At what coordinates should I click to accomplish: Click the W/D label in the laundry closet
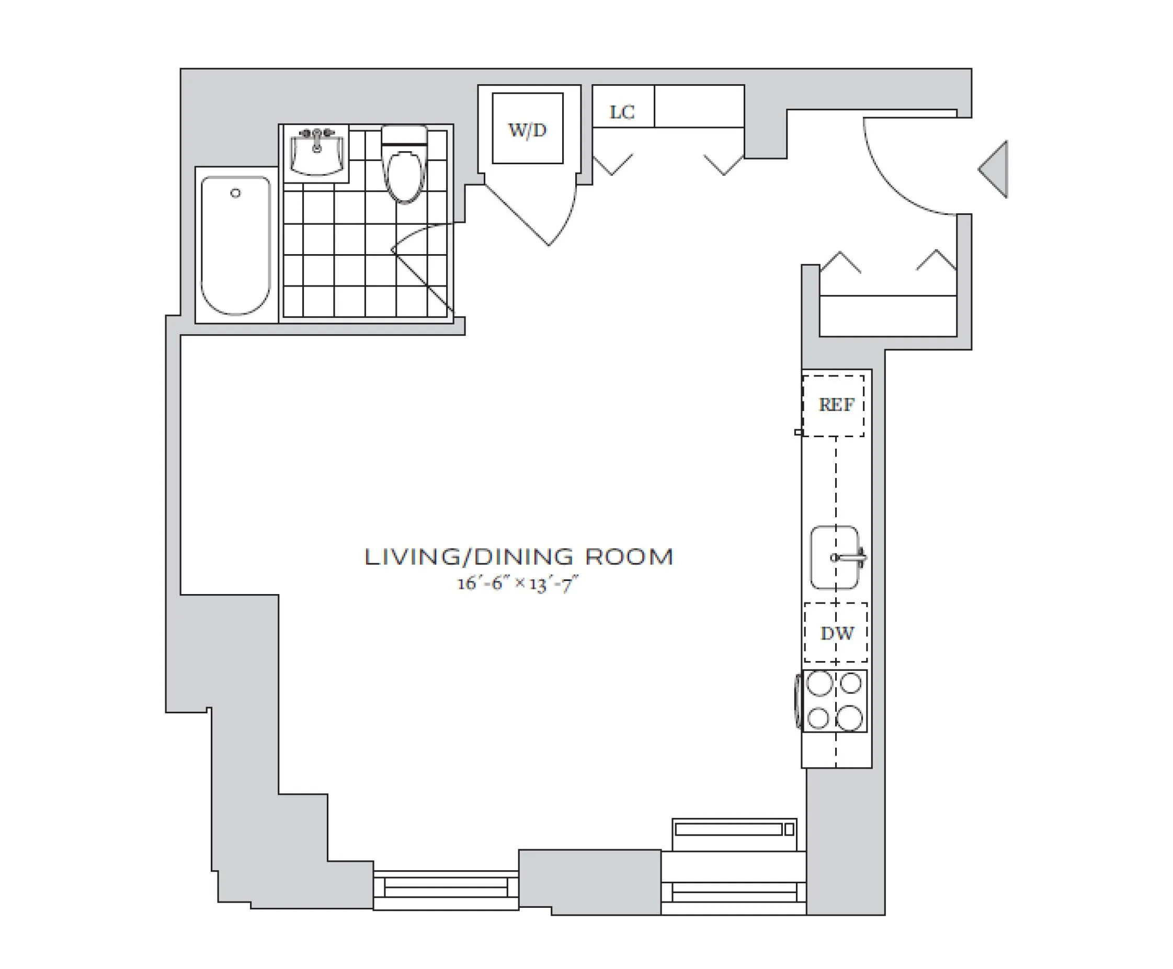[x=527, y=131]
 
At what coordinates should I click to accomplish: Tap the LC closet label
[x=621, y=112]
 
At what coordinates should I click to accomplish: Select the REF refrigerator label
[x=836, y=405]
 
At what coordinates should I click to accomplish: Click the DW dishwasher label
[x=836, y=633]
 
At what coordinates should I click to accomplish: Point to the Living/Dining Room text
[x=519, y=557]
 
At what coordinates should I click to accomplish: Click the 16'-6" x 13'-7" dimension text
[x=517, y=584]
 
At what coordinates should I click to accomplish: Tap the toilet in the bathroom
[x=404, y=170]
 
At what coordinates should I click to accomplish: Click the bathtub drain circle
[x=236, y=193]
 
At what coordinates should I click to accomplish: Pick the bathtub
[x=236, y=246]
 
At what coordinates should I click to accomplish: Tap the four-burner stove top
[x=835, y=701]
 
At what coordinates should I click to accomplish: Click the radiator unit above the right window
[x=734, y=829]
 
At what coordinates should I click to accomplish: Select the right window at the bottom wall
[x=733, y=892]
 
